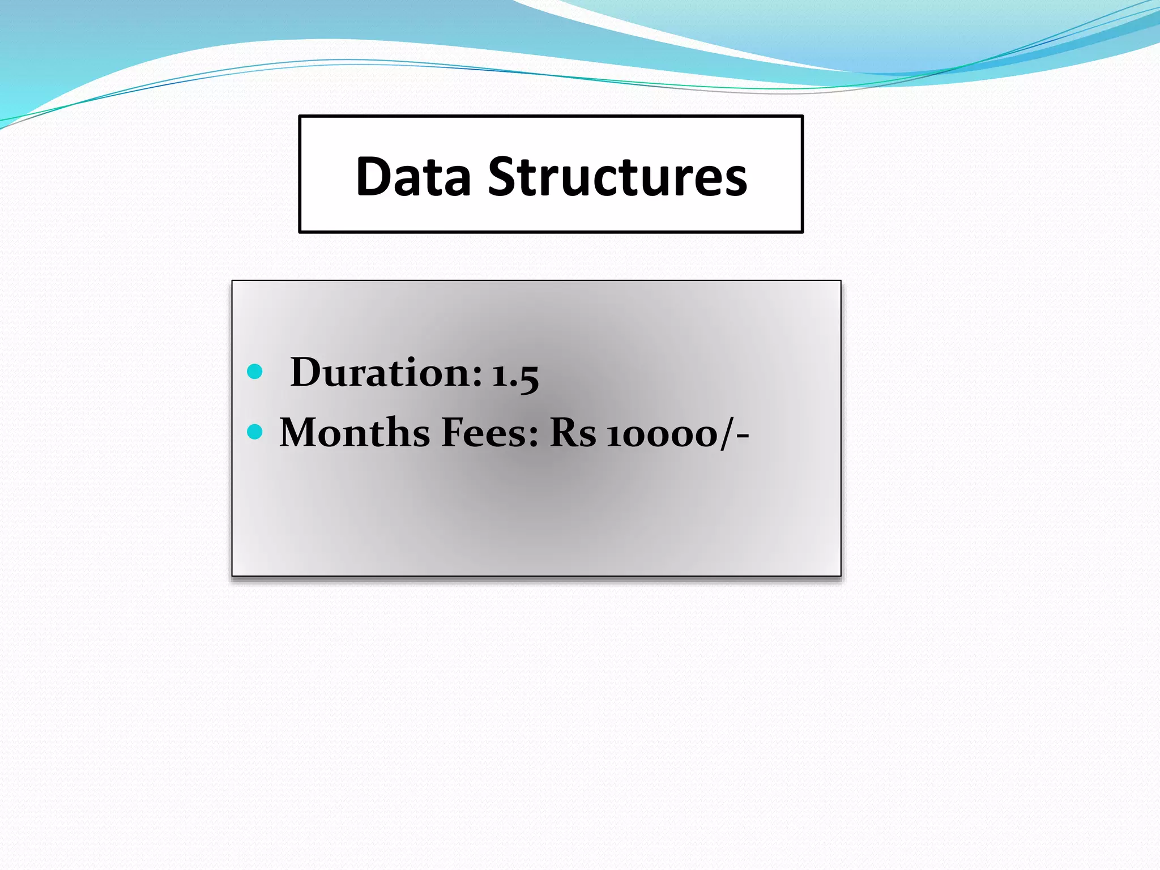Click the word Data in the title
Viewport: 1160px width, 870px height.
click(x=413, y=177)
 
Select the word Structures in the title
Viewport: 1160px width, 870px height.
click(x=617, y=177)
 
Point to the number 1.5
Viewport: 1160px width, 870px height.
click(x=515, y=375)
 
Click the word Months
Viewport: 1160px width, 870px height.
click(x=355, y=433)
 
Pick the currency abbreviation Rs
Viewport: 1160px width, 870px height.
click(x=573, y=433)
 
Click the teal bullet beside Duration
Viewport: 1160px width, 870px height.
click(x=255, y=372)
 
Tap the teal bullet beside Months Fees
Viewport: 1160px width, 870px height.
click(x=255, y=432)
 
